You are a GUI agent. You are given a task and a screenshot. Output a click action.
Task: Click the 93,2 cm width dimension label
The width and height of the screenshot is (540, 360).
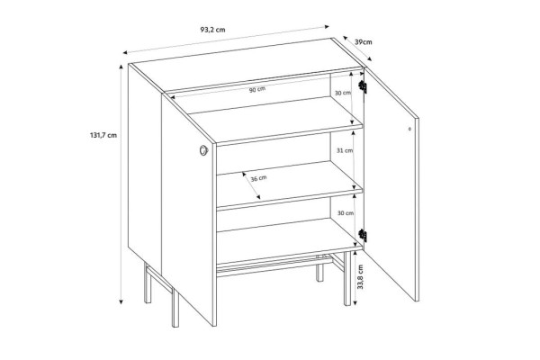click(x=212, y=30)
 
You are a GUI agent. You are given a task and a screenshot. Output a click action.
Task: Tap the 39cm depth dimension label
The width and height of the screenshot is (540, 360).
click(x=364, y=42)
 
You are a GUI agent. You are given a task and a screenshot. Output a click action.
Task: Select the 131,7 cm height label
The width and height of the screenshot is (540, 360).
click(x=103, y=135)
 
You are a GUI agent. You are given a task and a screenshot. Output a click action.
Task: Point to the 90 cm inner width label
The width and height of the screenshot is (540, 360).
click(x=257, y=90)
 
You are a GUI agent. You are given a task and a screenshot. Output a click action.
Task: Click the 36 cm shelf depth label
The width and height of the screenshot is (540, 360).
click(x=258, y=178)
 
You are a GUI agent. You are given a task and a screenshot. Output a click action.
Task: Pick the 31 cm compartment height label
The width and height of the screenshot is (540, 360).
click(x=345, y=150)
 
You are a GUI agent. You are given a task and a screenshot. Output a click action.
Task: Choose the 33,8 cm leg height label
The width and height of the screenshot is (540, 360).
click(x=360, y=276)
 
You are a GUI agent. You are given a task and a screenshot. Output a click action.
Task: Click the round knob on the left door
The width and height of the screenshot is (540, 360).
click(x=203, y=150)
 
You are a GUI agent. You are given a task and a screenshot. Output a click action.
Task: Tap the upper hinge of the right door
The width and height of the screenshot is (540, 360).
click(x=363, y=86)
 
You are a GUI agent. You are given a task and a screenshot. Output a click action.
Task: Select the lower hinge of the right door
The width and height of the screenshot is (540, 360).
click(x=363, y=235)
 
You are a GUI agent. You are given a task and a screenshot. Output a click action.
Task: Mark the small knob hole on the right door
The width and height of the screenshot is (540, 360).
click(x=409, y=130)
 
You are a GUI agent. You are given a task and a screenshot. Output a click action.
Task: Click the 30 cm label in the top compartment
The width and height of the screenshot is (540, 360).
click(x=343, y=93)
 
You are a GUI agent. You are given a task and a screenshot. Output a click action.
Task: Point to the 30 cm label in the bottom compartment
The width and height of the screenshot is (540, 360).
click(x=346, y=213)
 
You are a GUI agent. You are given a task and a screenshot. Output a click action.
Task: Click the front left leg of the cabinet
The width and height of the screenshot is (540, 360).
click(x=175, y=308)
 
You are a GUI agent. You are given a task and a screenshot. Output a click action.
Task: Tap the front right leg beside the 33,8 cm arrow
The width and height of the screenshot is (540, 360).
click(x=347, y=278)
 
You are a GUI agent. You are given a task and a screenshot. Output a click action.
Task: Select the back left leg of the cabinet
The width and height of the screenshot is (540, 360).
click(x=148, y=283)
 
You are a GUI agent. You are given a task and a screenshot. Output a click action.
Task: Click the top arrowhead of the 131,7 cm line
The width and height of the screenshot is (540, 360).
click(x=121, y=67)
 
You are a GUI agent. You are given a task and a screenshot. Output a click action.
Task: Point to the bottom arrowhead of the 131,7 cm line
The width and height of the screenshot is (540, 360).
click(x=121, y=301)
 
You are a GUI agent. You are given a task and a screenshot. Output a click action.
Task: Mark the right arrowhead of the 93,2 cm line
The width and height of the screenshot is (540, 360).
click(x=327, y=26)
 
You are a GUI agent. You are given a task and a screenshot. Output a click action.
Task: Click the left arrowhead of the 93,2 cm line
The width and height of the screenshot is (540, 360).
click(x=126, y=52)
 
